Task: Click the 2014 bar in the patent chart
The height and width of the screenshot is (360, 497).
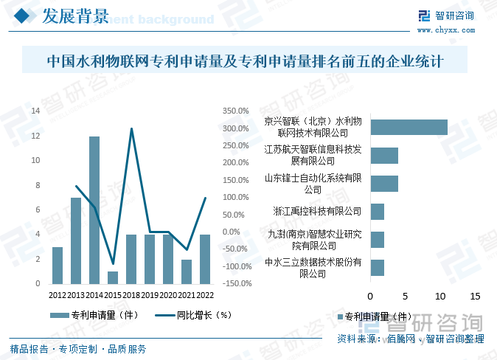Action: click(x=94, y=210)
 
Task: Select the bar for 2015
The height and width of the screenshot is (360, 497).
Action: click(x=113, y=277)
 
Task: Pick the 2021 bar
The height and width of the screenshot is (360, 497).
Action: click(x=187, y=271)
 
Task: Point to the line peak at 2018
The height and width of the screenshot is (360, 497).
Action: click(x=131, y=129)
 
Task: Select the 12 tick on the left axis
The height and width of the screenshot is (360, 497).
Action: click(x=35, y=136)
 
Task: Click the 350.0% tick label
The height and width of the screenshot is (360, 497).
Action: click(x=235, y=111)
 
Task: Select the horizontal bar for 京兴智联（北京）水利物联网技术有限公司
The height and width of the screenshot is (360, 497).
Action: click(x=409, y=127)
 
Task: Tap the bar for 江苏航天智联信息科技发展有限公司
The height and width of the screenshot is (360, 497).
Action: click(x=383, y=155)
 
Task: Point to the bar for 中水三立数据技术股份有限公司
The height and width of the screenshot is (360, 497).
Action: click(x=377, y=267)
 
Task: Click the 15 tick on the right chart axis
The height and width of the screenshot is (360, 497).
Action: click(x=475, y=297)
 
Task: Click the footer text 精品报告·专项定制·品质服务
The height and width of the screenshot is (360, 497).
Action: click(x=78, y=349)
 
